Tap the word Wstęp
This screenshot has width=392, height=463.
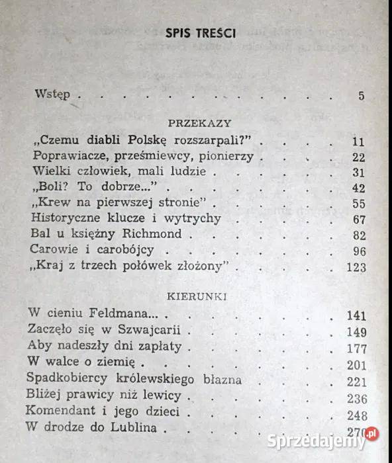pyautogui.click(x=52, y=95)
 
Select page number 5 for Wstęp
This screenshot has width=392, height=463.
pyautogui.click(x=362, y=95)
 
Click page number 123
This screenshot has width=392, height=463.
pyautogui.click(x=356, y=267)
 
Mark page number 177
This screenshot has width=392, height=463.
pyautogui.click(x=356, y=347)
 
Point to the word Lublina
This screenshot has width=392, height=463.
pyautogui.click(x=134, y=427)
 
